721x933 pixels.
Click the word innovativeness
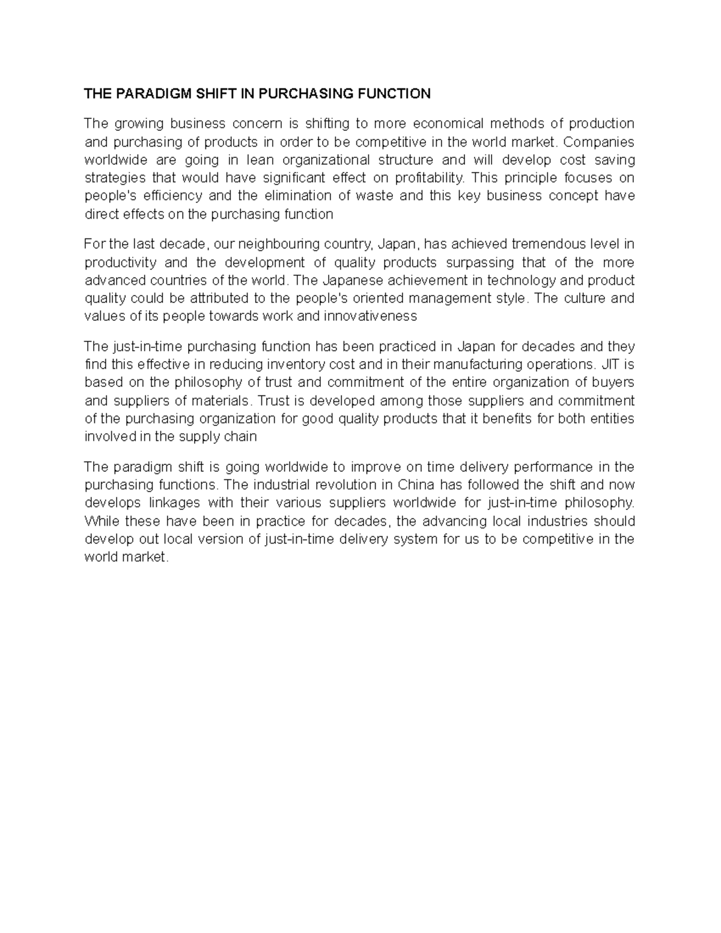point(370,317)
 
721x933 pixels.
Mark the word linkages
point(174,503)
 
